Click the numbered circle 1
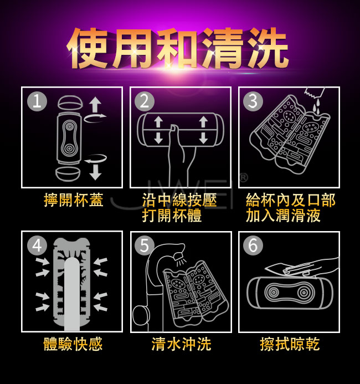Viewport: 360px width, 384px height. point(37,101)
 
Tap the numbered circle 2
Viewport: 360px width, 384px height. point(145,101)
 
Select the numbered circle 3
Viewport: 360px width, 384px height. point(253,101)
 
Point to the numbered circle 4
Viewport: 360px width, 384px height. point(37,245)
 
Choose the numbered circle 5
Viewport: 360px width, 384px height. point(145,245)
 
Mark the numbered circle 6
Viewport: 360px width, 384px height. point(253,245)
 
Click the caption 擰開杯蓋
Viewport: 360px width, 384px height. point(74,200)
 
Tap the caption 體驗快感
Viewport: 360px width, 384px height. point(73,344)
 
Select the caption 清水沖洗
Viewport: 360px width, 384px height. point(181,344)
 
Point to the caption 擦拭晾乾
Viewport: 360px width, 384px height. point(290,344)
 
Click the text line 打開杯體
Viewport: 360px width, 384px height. point(172,216)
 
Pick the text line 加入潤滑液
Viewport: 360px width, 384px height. point(283,216)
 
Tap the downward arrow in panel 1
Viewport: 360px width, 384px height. point(95,172)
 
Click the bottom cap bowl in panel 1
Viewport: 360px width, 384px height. point(68,174)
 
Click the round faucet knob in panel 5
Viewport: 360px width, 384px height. point(141,316)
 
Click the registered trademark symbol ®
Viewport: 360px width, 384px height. point(243,178)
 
